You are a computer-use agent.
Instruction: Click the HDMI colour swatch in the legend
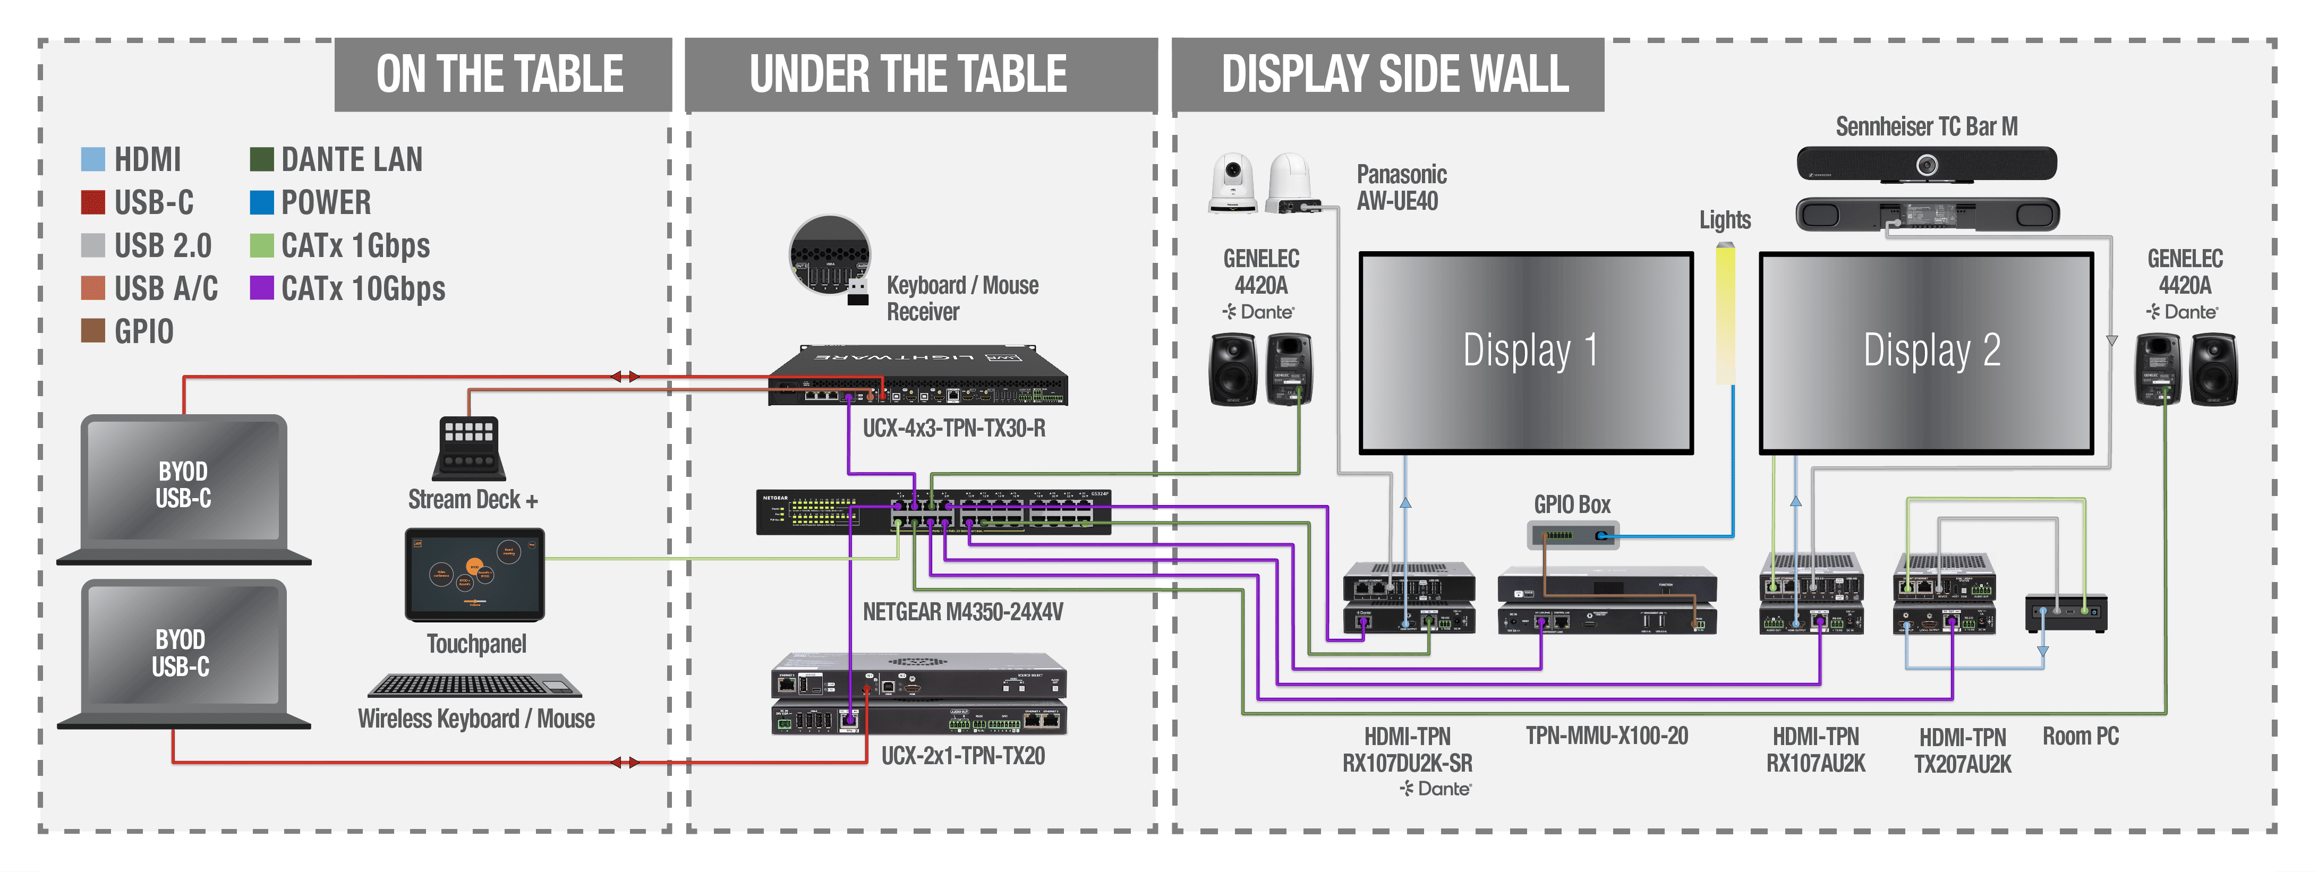coord(92,159)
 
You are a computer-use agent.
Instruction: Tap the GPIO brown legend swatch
coord(92,330)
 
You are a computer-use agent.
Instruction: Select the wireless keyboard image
coord(474,686)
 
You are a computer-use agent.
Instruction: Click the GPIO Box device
coord(1573,535)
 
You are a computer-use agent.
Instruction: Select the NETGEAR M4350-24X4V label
coord(962,612)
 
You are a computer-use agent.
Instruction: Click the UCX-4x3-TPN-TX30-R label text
coord(954,429)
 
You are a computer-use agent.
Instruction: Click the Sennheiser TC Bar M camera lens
coord(1925,165)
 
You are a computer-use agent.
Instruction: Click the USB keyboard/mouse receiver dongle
coord(857,293)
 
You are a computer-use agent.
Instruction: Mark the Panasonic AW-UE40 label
coord(1401,187)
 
